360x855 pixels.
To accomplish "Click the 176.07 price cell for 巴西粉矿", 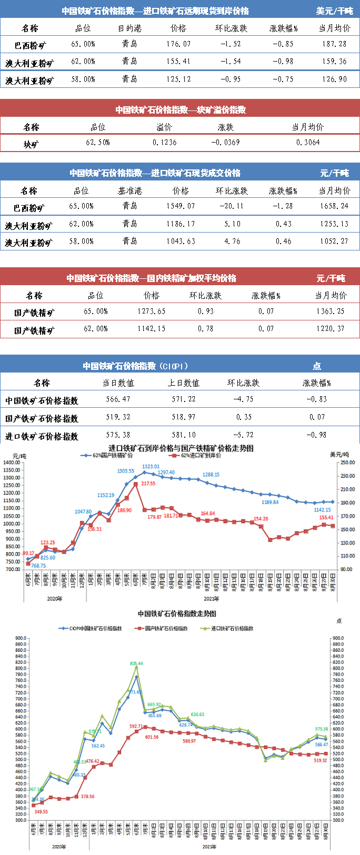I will tap(178, 44).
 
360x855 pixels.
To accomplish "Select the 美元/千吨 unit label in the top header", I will tap(334, 11).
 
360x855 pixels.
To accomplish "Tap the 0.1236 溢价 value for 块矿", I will tap(165, 143).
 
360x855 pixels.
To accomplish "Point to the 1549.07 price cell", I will tap(181, 206).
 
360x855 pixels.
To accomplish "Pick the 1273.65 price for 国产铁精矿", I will tap(152, 311).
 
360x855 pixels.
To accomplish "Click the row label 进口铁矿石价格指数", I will tap(42, 436).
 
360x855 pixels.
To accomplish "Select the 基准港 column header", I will tap(130, 191).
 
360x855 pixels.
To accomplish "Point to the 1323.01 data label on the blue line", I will tap(151, 467).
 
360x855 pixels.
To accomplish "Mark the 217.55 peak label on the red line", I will tap(148, 484).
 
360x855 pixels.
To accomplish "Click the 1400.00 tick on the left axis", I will tap(12, 462).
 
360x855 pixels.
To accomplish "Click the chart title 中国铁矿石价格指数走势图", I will tap(177, 613).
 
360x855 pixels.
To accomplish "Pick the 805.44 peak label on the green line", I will tap(136, 663).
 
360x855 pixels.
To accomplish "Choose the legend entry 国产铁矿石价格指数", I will tap(166, 628).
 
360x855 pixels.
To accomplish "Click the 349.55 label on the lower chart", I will tap(41, 812).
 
